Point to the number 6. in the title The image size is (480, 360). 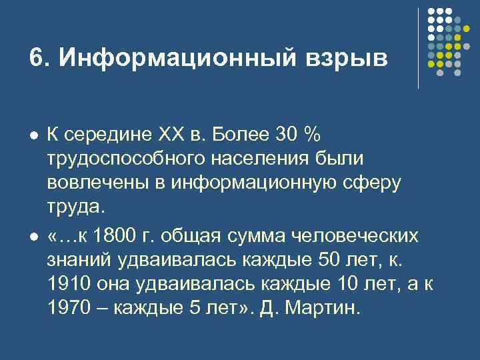[x=39, y=58]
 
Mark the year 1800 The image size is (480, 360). [x=117, y=237]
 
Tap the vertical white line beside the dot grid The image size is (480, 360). [x=419, y=48]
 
